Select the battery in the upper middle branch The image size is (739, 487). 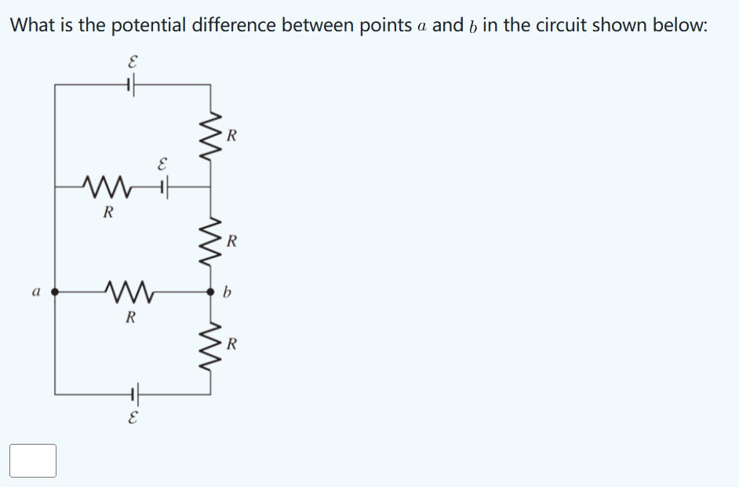point(163,187)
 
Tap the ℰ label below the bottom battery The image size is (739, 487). point(133,419)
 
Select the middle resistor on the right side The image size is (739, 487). point(209,239)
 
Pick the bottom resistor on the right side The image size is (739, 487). point(209,343)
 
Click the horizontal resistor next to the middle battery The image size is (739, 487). point(108,187)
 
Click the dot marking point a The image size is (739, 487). point(55,292)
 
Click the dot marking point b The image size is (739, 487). point(209,292)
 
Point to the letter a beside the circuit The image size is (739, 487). point(35,292)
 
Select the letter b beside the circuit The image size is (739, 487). point(228,293)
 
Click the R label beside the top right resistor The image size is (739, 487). point(231,136)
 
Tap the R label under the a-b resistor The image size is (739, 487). point(131,318)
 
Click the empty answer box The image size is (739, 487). point(33,460)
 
